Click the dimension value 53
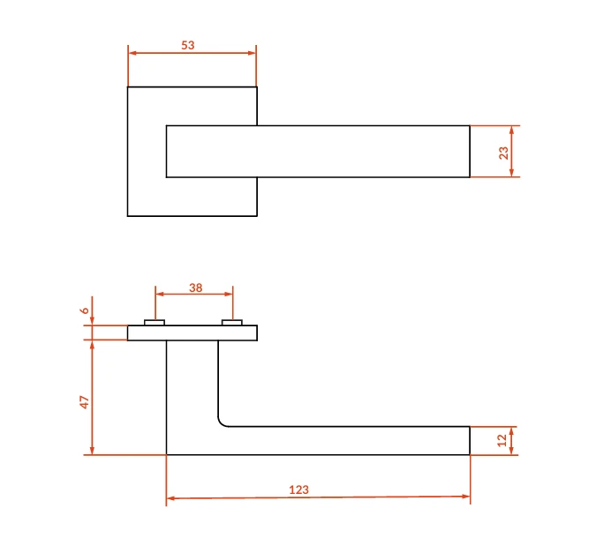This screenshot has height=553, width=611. tap(188, 45)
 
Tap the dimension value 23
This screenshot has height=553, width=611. tap(503, 153)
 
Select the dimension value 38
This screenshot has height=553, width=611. tap(196, 288)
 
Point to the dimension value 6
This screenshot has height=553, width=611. tap(85, 310)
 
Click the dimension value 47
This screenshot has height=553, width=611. tap(84, 402)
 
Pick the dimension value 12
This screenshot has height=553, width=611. tap(502, 440)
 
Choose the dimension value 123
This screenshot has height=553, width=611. tap(298, 489)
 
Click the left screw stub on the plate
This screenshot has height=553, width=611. tap(155, 323)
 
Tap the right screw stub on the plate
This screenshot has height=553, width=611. tap(232, 323)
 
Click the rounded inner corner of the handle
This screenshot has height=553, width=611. tap(221, 423)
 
